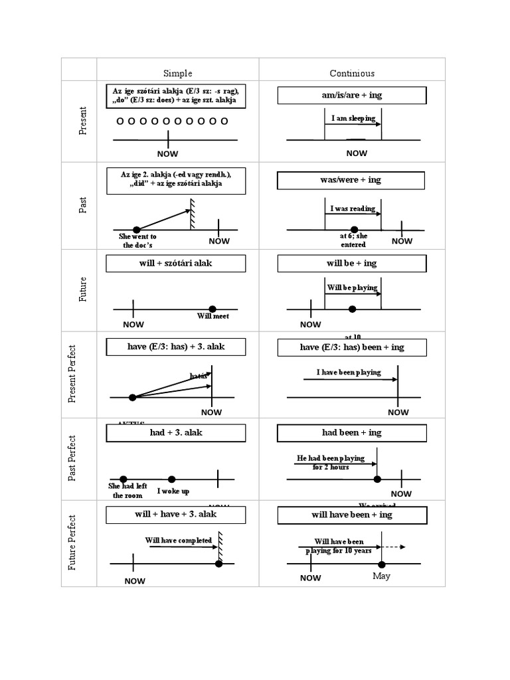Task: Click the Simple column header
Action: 177,73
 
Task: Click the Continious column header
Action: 352,73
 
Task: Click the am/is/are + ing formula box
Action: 351,96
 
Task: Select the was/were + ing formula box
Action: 351,180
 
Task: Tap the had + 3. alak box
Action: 176,433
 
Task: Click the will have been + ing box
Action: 351,515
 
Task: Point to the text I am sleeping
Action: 353,119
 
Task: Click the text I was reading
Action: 353,209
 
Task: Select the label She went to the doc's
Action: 137,240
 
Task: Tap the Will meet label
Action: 212,317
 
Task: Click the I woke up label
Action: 173,491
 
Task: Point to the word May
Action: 381,576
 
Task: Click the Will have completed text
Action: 179,541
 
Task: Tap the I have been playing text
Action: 349,373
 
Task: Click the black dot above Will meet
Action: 212,308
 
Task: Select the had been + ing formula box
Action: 351,433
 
